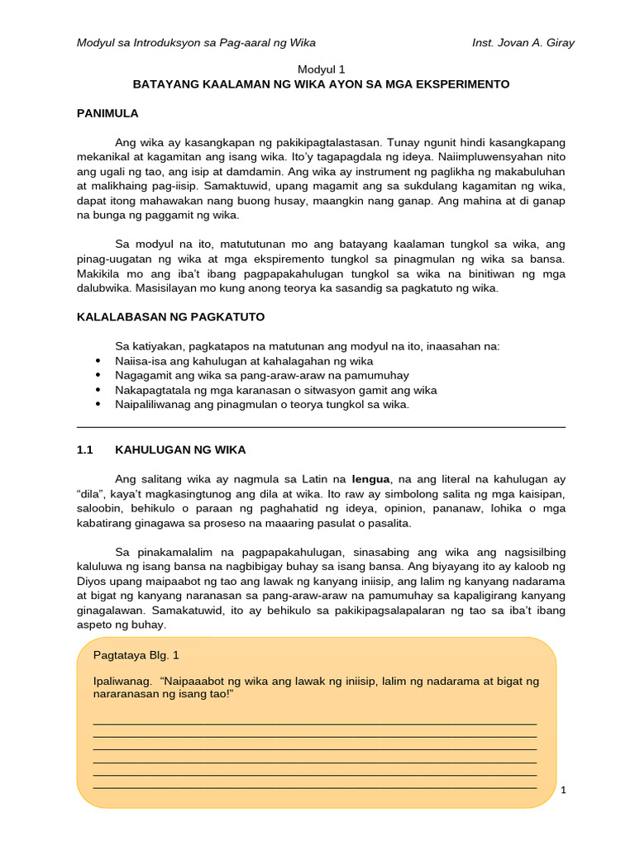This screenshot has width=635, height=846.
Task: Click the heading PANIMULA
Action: point(107,113)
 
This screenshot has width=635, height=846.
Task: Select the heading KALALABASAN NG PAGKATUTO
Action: point(170,316)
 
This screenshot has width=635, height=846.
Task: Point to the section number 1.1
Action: point(86,449)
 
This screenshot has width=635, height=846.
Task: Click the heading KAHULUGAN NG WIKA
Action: point(180,449)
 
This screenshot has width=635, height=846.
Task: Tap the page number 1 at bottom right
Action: point(563,790)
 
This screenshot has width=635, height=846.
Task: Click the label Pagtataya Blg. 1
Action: point(136,655)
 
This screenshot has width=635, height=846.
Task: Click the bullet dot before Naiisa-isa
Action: point(99,361)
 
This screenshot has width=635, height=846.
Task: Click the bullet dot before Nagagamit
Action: point(99,376)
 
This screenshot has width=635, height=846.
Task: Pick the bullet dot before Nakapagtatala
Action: point(99,390)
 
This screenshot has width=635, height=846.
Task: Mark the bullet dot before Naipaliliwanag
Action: point(99,405)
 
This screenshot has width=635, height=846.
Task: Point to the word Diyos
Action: point(93,580)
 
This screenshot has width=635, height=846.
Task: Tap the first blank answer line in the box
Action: point(315,724)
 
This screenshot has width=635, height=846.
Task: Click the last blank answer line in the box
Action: point(315,787)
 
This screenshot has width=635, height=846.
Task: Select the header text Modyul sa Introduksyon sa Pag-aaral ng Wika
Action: point(196,42)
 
